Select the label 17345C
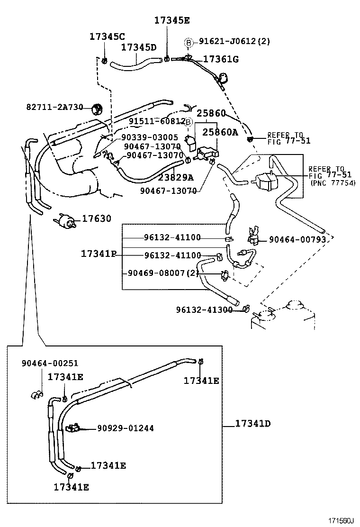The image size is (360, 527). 107,37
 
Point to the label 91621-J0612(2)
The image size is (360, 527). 234,41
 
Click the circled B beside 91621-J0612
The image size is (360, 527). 189,43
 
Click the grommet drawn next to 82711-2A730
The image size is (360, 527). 97,109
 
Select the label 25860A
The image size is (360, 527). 220,132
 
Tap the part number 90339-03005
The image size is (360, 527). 150,137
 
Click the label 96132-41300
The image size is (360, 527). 204,309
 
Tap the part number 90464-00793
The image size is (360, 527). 297,240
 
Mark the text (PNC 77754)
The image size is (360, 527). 333,183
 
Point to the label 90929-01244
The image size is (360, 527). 125,428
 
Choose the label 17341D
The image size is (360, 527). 252,423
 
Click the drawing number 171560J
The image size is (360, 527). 342,520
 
